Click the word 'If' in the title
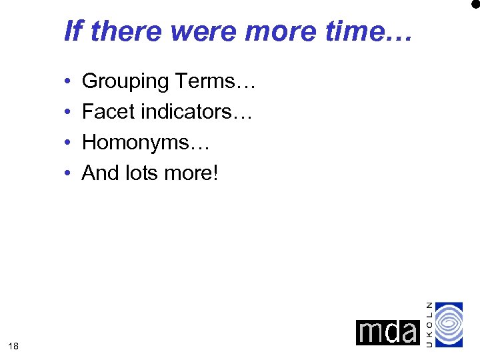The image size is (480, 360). [x=73, y=31]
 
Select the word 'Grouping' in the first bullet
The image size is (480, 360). [x=125, y=82]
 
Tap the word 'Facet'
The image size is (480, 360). [x=104, y=112]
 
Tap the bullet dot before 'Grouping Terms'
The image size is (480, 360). [x=69, y=83]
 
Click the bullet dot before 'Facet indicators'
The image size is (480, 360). [x=69, y=113]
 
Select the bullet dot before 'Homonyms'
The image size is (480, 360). [x=69, y=143]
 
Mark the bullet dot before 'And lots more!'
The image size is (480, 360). [x=69, y=174]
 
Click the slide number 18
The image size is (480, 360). [x=14, y=345]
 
